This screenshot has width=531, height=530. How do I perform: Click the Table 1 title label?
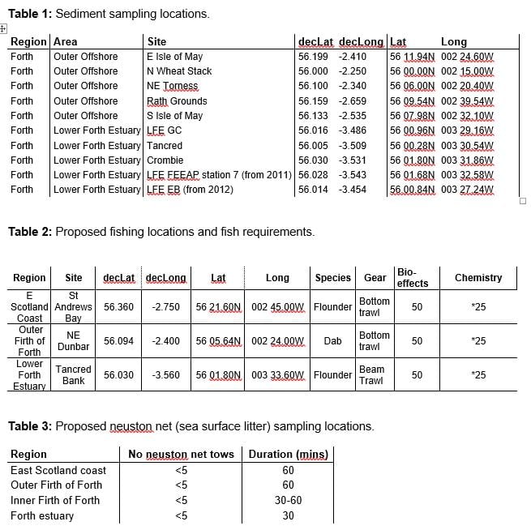(109, 14)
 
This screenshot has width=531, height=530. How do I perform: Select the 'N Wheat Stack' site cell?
(179, 71)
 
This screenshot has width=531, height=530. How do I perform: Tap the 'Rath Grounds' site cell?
(177, 101)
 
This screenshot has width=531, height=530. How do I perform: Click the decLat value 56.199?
(313, 57)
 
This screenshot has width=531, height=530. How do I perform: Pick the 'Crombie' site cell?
(165, 160)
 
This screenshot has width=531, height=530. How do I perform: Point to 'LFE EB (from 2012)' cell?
(190, 190)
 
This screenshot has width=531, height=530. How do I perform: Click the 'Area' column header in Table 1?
(66, 41)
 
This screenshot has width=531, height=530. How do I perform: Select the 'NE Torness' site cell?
(172, 86)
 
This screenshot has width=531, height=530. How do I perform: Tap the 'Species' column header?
(332, 278)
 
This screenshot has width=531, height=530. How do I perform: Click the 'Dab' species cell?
(332, 341)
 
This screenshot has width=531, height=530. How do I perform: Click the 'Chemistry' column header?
(478, 278)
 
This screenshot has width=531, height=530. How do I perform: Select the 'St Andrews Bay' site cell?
(73, 307)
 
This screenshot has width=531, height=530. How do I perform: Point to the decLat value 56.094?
(119, 341)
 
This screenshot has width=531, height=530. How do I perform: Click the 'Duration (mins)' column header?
(288, 455)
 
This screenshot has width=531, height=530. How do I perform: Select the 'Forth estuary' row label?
(42, 515)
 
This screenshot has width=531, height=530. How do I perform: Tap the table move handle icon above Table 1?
(5, 28)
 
